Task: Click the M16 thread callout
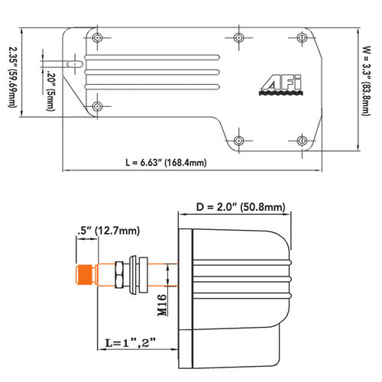[161, 303]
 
